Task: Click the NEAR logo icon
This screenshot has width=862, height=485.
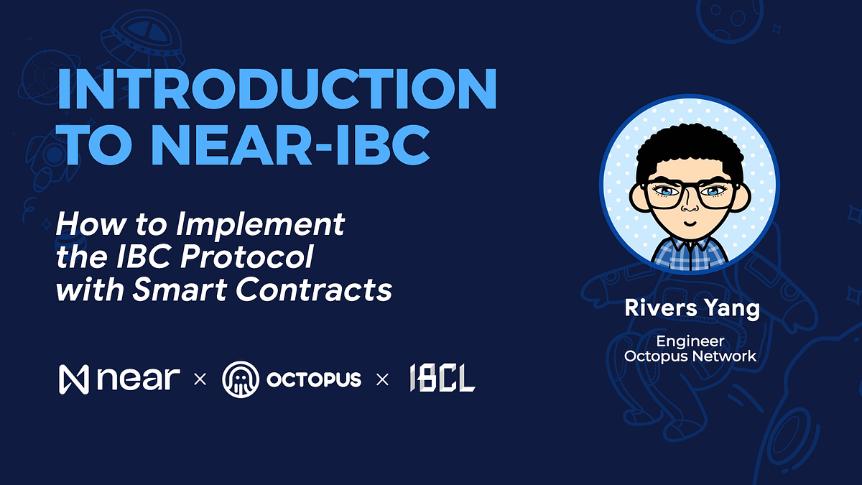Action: click(x=73, y=379)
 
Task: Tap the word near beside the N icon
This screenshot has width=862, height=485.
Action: click(x=136, y=379)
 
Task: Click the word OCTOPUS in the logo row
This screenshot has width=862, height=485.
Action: click(x=313, y=379)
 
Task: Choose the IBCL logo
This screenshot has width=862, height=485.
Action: click(x=442, y=379)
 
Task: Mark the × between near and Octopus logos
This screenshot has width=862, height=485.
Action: click(x=200, y=379)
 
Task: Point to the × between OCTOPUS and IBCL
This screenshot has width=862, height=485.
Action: click(x=382, y=379)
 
